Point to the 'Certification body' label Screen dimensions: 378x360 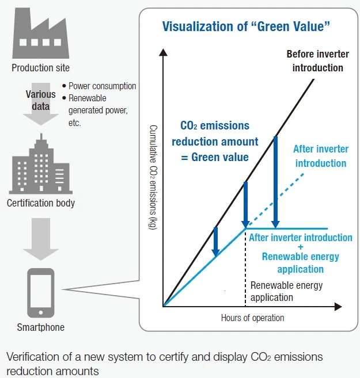click(x=41, y=203)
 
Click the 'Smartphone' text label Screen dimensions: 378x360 click(x=41, y=328)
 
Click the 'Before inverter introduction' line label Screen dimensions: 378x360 click(x=315, y=61)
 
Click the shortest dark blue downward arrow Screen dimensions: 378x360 click(x=215, y=241)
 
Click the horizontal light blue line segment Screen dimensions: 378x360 click(x=288, y=228)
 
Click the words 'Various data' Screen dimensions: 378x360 click(x=41, y=100)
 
